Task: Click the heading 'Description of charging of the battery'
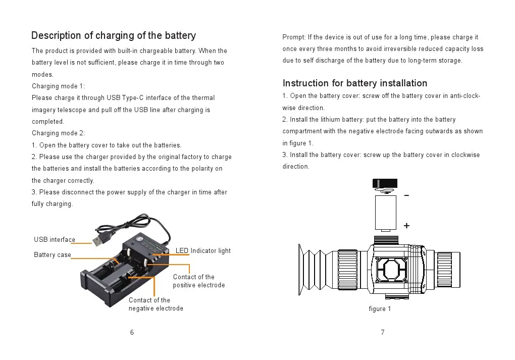coord(114,35)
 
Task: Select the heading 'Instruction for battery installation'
coord(355,83)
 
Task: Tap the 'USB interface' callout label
coord(55,240)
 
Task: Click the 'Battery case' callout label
coord(53,255)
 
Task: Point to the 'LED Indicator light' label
coord(203,251)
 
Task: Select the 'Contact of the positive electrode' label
coord(198,281)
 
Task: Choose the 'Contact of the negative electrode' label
coord(156,304)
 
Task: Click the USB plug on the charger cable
coord(100,238)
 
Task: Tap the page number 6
coord(132,332)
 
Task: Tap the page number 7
coord(383,332)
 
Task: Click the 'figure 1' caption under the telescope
coord(380,309)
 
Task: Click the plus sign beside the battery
coord(406,226)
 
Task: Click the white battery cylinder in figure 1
coord(386,213)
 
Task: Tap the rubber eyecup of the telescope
coord(309,269)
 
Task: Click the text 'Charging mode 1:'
coord(59,86)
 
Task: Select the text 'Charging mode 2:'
coord(59,133)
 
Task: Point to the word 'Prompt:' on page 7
coord(294,37)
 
